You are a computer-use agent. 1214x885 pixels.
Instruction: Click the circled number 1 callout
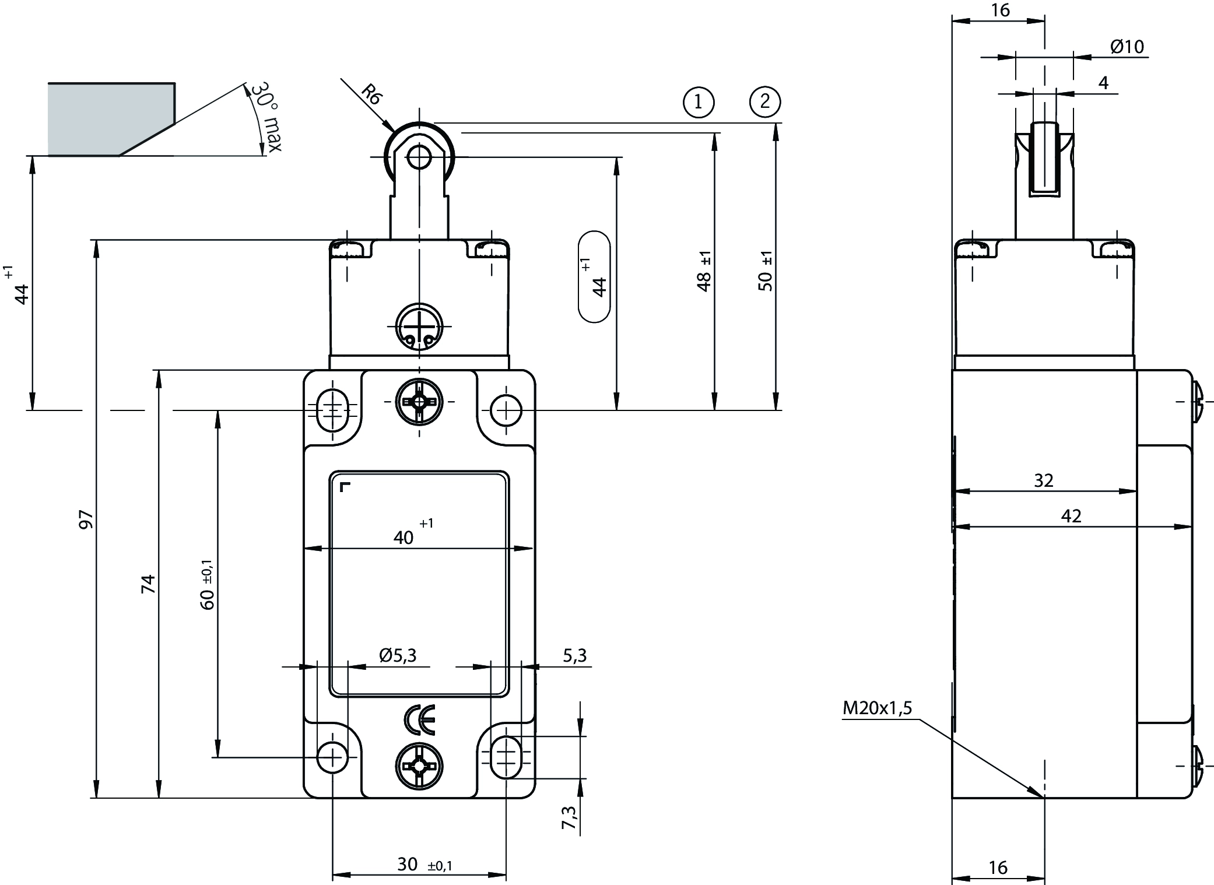coord(699,102)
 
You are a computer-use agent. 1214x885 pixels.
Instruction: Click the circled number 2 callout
coord(764,102)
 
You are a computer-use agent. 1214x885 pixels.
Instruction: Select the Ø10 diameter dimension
coord(1127,47)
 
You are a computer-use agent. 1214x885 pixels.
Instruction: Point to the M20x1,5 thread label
coord(877,708)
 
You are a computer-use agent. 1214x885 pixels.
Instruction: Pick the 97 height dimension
coord(86,519)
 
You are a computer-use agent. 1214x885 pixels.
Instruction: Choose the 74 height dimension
coord(149,584)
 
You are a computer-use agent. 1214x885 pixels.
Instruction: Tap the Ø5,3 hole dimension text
coord(398,656)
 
